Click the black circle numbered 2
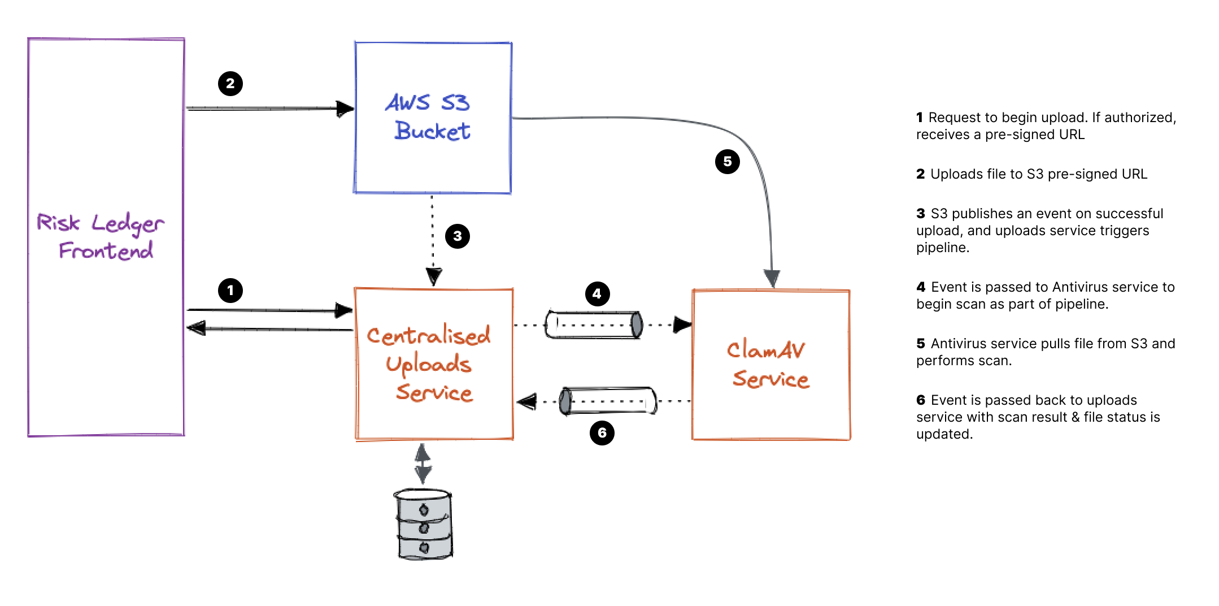(230, 84)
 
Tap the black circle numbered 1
(230, 291)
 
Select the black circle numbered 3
(457, 236)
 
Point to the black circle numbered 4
(597, 293)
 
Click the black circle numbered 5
(727, 162)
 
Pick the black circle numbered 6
(602, 433)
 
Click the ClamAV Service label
(768, 365)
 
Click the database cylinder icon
(424, 524)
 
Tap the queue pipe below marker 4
(593, 325)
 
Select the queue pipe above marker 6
(608, 401)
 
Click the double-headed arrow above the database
(423, 464)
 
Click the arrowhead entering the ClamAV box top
(772, 278)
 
